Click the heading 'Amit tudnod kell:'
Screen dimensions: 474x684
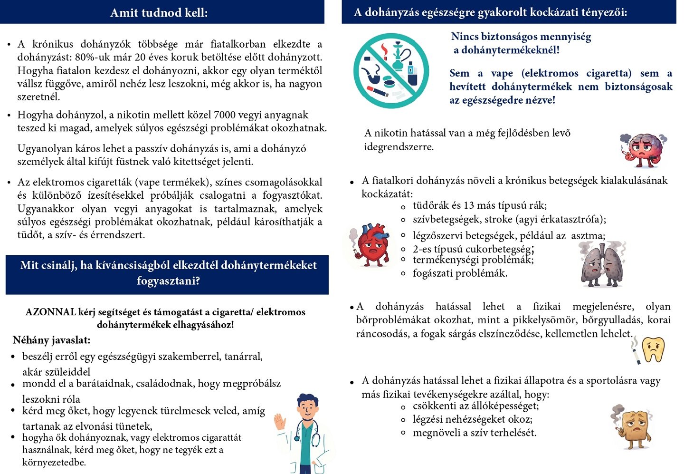pyautogui.click(x=159, y=12)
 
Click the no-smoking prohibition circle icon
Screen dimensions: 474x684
pyautogui.click(x=391, y=70)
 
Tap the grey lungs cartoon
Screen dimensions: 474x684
pyautogui.click(x=602, y=265)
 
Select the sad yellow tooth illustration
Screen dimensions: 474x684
pyautogui.click(x=653, y=349)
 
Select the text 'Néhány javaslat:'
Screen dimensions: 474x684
pyautogui.click(x=51, y=340)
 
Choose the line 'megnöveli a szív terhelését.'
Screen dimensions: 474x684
pyautogui.click(x=475, y=433)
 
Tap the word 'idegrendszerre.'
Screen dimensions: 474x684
pyautogui.click(x=399, y=147)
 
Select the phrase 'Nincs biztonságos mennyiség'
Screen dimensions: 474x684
pyautogui.click(x=521, y=37)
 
